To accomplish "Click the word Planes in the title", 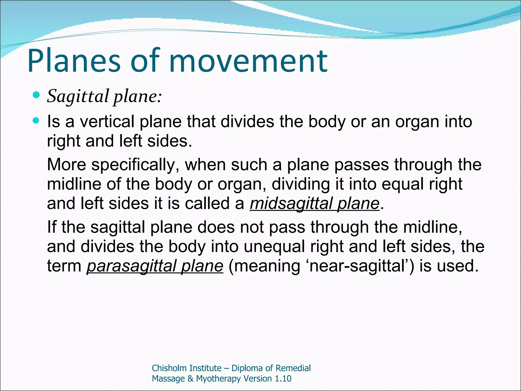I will point(74,61).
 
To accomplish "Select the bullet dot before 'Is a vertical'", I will point(37,120).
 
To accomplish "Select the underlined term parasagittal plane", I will point(155,266).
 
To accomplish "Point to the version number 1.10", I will point(283,379).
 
